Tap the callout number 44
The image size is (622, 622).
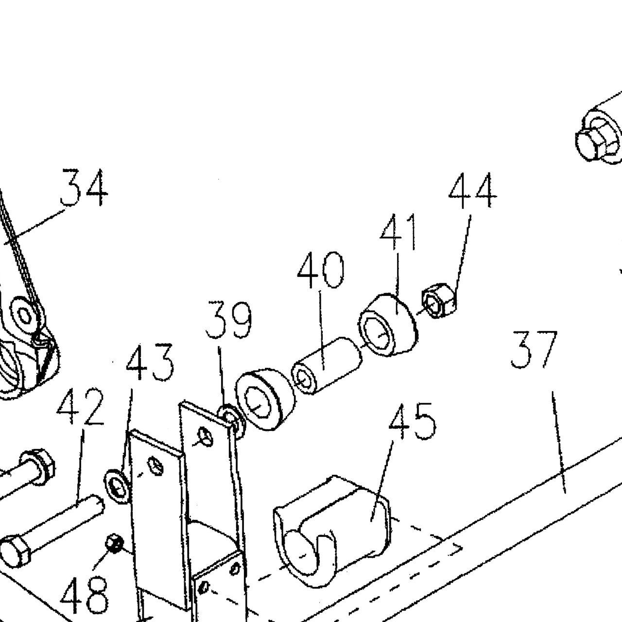(473, 191)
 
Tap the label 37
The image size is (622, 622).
(534, 349)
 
